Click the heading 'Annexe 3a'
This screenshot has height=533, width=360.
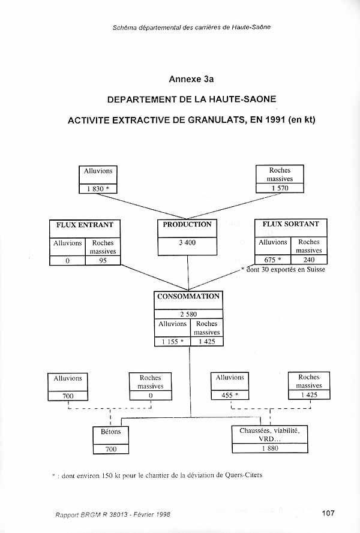tap(191, 79)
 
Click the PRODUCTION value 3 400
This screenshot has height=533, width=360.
tap(187, 243)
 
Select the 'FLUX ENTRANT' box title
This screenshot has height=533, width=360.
tap(85, 225)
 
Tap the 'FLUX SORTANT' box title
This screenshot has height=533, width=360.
tap(290, 224)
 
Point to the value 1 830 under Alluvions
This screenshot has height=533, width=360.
tap(95, 189)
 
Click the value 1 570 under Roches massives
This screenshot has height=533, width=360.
tap(280, 188)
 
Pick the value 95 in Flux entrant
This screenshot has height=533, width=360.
tap(103, 261)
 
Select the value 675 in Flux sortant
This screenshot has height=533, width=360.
tap(270, 260)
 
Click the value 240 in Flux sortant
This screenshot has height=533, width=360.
tap(308, 260)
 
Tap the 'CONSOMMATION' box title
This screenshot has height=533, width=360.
tap(188, 296)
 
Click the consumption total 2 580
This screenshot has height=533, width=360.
tap(188, 314)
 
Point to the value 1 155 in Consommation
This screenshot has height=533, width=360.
tap(170, 342)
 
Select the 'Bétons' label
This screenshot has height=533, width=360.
tap(110, 432)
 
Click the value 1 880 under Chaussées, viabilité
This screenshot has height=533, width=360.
tap(270, 448)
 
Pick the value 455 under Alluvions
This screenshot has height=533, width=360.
tap(227, 395)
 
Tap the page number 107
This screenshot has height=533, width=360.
tap(328, 513)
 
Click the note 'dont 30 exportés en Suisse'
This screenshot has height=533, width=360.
tap(286, 270)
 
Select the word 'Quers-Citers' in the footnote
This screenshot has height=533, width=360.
tap(244, 475)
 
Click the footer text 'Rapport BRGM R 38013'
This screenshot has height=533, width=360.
tap(92, 514)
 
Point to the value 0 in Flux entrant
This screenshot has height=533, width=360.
tap(67, 261)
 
